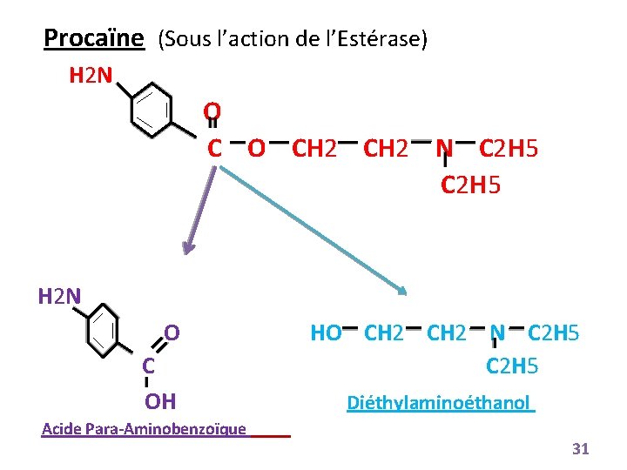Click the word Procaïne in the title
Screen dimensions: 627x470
pyautogui.click(x=93, y=38)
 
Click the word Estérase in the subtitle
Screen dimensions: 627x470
pyautogui.click(x=382, y=40)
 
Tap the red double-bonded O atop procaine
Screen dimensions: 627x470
pyautogui.click(x=212, y=112)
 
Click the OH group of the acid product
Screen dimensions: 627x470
pyautogui.click(x=160, y=401)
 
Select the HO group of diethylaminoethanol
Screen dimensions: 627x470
pyautogui.click(x=326, y=332)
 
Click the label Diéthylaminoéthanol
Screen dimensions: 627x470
pyautogui.click(x=439, y=403)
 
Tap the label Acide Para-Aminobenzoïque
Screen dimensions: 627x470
pyautogui.click(x=144, y=428)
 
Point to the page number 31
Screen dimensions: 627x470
pyautogui.click(x=580, y=449)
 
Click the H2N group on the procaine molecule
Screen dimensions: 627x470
pyautogui.click(x=90, y=77)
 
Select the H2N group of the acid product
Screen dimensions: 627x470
pyautogui.click(x=59, y=297)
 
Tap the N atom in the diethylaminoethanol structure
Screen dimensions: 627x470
pyautogui.click(x=497, y=332)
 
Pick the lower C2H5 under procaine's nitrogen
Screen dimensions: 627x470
pyautogui.click(x=471, y=185)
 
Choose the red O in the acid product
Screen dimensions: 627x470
pyautogui.click(x=172, y=332)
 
